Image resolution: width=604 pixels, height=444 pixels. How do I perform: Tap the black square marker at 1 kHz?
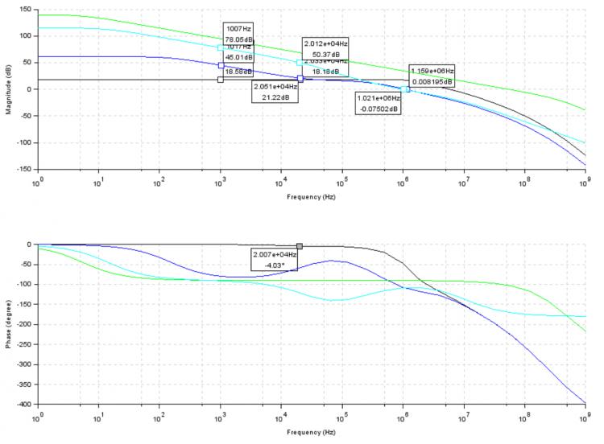pos(221,79)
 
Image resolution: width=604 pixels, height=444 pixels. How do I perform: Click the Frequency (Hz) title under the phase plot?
pos(311,432)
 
